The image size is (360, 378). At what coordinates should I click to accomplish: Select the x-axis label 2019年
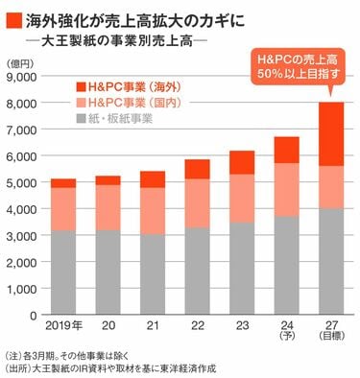click(62, 323)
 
